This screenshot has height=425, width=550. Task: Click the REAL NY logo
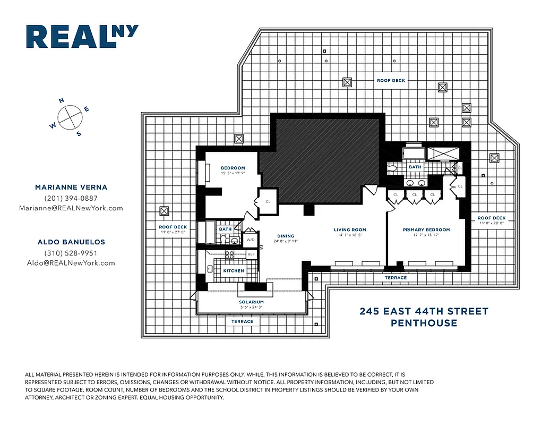tap(82, 37)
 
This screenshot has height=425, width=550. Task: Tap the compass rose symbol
tap(69, 117)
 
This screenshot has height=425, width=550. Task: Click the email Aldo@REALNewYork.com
tap(71, 263)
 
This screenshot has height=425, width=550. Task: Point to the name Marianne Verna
tap(71, 187)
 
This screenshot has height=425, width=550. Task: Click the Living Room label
tap(350, 230)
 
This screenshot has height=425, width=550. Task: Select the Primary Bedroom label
tap(426, 230)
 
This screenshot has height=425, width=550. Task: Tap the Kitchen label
tap(234, 271)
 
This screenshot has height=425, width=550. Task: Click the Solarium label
tap(251, 302)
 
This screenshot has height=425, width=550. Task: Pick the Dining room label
tap(286, 236)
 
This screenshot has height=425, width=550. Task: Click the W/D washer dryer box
tap(250, 240)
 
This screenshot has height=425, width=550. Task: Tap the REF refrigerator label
tap(251, 254)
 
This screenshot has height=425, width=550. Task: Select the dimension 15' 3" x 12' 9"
tap(233, 173)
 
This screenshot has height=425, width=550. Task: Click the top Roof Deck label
tap(391, 81)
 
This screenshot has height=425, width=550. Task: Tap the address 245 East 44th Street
tap(424, 311)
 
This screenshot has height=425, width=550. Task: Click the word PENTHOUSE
tap(424, 323)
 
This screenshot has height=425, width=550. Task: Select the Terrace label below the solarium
tap(243, 321)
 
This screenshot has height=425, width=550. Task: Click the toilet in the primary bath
tap(392, 168)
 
